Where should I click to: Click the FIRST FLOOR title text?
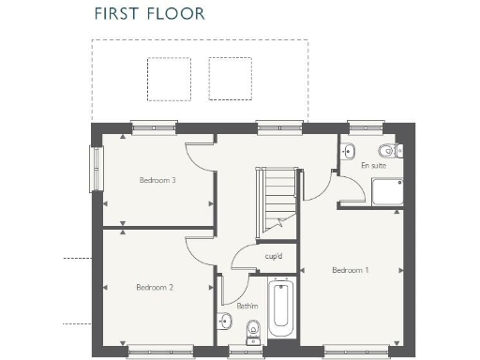point(149,14)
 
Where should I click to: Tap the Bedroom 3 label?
point(157,180)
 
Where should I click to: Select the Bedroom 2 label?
point(154,288)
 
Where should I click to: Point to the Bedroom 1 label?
point(350,270)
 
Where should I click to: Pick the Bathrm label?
point(247,306)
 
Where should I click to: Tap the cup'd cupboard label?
point(274,256)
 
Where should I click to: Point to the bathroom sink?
point(225,322)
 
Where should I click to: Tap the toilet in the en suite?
point(385,150)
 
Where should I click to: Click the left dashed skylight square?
point(169,79)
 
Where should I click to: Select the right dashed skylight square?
point(231,79)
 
